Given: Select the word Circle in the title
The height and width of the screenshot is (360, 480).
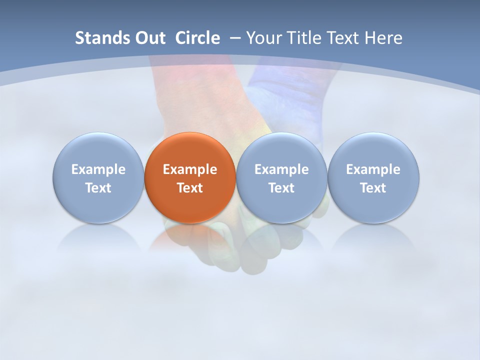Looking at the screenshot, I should tap(197, 38).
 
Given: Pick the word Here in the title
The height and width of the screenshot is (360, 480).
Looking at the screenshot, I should tap(383, 38).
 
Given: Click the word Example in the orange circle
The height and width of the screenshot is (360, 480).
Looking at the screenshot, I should tap(190, 169).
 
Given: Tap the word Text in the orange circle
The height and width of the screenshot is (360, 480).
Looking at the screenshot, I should tap(190, 188).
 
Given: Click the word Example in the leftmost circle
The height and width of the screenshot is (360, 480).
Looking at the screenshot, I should tap(98, 169).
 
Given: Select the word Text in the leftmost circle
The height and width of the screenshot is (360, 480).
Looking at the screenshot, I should tap(98, 188).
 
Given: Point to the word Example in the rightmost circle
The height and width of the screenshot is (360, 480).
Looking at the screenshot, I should tap(373, 169).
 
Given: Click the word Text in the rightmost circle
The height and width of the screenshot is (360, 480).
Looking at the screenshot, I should tap(373, 188).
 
